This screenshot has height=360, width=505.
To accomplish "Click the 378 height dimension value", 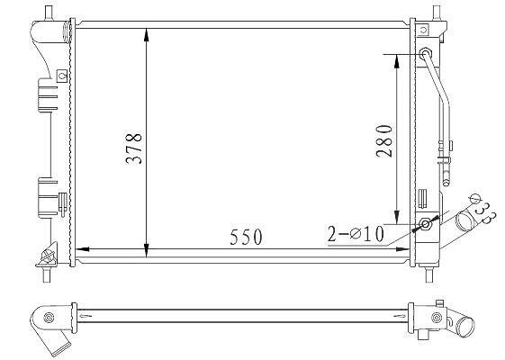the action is coord(133,148).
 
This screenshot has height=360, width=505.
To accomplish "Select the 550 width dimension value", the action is coord(246,237).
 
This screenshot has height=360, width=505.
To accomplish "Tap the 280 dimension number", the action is coord(384,140).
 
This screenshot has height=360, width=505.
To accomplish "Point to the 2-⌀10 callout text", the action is coord(356,234).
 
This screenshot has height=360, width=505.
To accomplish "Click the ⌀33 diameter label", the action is coord(483,210).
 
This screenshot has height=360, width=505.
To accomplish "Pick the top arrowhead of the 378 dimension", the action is coord(147,35).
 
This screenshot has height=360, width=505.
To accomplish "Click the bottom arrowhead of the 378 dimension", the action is coord(147,250).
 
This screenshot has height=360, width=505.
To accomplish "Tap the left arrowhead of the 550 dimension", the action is coord(82,249).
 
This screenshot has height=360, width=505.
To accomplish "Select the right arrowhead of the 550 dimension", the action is coord(402,249).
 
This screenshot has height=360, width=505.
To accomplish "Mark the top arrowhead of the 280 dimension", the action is coord(397,61).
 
